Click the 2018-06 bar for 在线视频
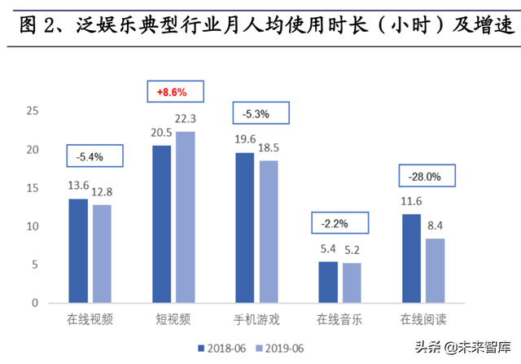(x=78, y=251)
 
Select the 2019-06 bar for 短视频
(x=186, y=217)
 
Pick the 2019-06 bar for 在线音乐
(x=352, y=283)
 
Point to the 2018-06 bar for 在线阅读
(x=411, y=258)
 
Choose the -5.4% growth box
(x=94, y=155)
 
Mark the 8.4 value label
(x=436, y=226)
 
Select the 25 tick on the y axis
(x=33, y=112)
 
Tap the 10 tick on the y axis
(x=33, y=226)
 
